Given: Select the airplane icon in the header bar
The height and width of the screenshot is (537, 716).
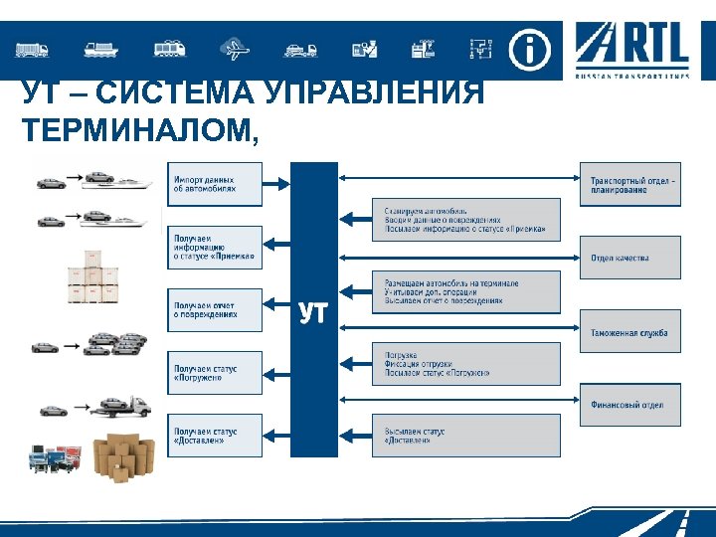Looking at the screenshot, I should coord(237,49).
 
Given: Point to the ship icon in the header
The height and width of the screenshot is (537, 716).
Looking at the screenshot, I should coord(102,49).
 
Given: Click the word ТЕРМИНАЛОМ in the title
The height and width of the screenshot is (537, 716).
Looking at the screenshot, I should coord(139,129).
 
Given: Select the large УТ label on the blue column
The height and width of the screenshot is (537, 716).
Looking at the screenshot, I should coord(313,313).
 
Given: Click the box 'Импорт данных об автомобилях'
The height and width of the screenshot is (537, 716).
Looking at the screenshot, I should coord(216,184).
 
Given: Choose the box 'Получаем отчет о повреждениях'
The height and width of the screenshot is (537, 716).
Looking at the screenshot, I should coord(216,310).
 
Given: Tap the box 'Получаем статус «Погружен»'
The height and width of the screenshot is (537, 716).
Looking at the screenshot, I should coord(216,373).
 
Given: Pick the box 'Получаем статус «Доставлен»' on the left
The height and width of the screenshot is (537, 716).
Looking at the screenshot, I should coord(216,436).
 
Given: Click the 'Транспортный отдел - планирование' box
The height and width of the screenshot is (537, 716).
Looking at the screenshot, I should coord(630,184).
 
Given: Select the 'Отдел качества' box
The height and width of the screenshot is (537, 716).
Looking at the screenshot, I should coord(630,258).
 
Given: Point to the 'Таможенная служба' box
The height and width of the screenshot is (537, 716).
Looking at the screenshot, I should coord(630,332).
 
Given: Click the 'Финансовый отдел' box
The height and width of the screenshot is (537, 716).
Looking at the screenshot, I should coord(630,405).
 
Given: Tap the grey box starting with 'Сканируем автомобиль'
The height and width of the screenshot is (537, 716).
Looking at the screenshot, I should coord(465,220).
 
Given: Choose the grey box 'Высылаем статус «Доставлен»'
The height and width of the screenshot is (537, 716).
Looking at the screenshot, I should coord(465,436).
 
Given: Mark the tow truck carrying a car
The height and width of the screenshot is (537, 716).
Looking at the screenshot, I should coord(123,406).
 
